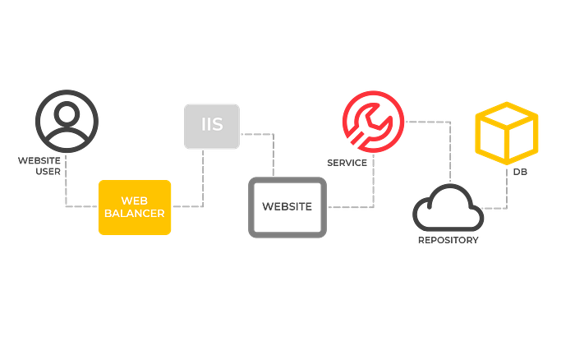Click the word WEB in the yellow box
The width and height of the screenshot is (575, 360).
[x=134, y=201]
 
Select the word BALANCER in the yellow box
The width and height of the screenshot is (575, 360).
[x=135, y=213]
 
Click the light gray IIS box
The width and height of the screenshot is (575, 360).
[x=211, y=126]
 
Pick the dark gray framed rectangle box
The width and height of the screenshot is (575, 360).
[x=287, y=207]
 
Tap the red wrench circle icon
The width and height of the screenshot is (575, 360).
[x=372, y=122]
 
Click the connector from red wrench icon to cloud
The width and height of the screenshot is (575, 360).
[x=450, y=148]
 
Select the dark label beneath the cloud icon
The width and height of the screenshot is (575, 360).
[x=448, y=240]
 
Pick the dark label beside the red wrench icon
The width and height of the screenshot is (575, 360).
[x=347, y=163]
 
